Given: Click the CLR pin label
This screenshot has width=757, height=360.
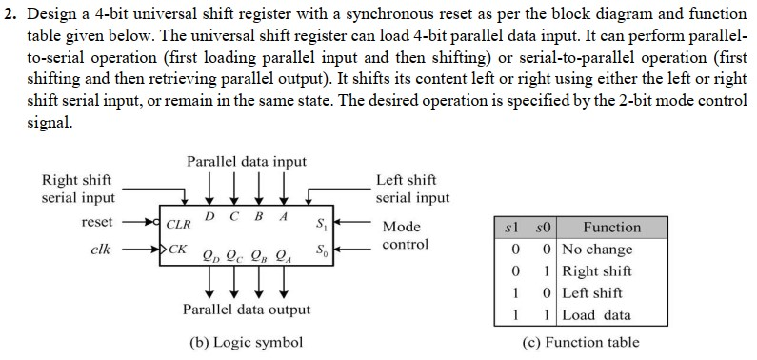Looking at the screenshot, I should pyautogui.click(x=178, y=226).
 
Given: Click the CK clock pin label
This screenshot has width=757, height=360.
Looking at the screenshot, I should pyautogui.click(x=177, y=252).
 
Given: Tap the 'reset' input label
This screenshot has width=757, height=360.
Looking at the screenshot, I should pyautogui.click(x=97, y=222).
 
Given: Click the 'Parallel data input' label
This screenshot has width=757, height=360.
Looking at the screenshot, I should pyautogui.click(x=247, y=161).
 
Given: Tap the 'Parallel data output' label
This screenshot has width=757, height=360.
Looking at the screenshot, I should pyautogui.click(x=247, y=310).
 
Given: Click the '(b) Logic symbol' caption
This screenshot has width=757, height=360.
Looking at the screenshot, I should pyautogui.click(x=245, y=342).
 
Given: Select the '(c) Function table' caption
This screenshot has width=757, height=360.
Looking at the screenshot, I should pyautogui.click(x=581, y=342).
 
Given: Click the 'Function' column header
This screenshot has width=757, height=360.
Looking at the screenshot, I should pyautogui.click(x=611, y=228).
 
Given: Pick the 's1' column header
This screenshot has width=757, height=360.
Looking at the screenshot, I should pyautogui.click(x=513, y=228).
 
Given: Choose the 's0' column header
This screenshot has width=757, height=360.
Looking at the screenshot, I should pyautogui.click(x=544, y=228).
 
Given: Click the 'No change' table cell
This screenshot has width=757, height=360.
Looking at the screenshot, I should pyautogui.click(x=597, y=250).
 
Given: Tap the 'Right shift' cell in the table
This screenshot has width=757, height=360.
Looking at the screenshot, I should pyautogui.click(x=597, y=271).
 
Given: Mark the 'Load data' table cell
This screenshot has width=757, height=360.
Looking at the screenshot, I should pyautogui.click(x=596, y=314).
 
